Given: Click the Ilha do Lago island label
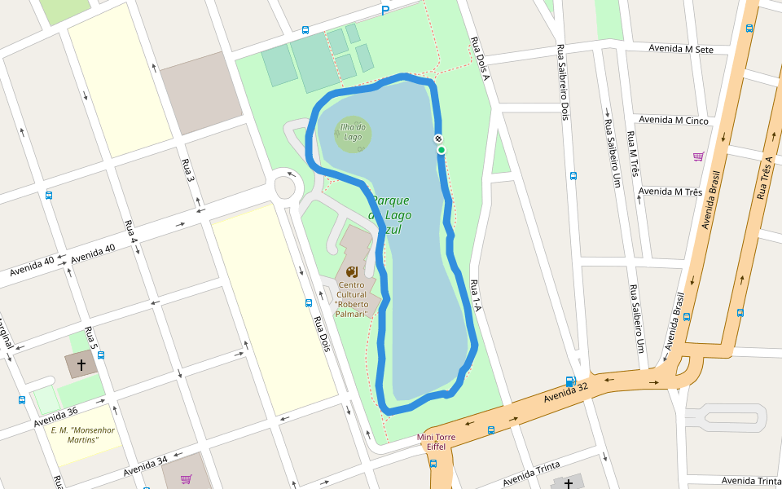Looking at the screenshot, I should pos(353,131).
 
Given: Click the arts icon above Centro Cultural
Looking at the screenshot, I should pos(351,271).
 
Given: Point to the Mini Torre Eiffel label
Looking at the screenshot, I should pos(436,442).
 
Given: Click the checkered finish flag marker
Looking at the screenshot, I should pos(438,139).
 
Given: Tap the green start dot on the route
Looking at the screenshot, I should pos(441,150).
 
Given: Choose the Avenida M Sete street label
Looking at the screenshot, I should pos(681,49).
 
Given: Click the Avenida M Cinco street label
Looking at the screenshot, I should pos(674,121).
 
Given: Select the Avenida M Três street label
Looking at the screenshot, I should pos(670,192).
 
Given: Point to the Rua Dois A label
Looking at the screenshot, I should pos(480,58).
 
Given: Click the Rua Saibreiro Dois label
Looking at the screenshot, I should pos(562,82).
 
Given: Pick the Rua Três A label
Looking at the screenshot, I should pos(763,177).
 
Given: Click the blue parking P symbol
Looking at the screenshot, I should pos(385,10).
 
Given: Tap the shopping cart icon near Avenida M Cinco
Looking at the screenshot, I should pos(698,156).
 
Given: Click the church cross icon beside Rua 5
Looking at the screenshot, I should pos(81,364).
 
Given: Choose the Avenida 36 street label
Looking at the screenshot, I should pos(55,418).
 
